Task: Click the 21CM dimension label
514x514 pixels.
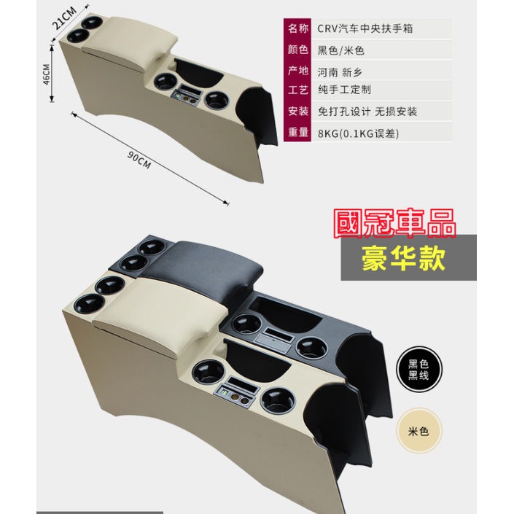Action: pyautogui.click(x=65, y=17)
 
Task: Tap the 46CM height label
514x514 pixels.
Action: pyautogui.click(x=47, y=74)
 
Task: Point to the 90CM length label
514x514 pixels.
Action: pyautogui.click(x=139, y=160)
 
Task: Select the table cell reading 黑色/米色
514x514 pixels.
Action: pyautogui.click(x=341, y=50)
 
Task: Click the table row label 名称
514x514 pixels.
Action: pyautogui.click(x=298, y=28)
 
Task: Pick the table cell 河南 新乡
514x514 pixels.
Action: pyautogui.click(x=340, y=72)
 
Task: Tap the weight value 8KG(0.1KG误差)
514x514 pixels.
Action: pyautogui.click(x=358, y=133)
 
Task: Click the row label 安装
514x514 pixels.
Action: pyautogui.click(x=298, y=111)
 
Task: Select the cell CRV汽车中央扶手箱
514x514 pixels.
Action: pyautogui.click(x=365, y=28)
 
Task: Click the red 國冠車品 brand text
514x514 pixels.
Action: pyautogui.click(x=394, y=223)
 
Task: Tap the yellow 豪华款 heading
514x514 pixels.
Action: pyautogui.click(x=403, y=259)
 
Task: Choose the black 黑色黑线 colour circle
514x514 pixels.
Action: pyautogui.click(x=418, y=369)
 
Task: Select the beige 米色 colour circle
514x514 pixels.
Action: pyautogui.click(x=418, y=431)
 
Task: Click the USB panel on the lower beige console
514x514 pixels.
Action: pyautogui.click(x=236, y=394)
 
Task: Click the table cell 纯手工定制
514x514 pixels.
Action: pyautogui.click(x=344, y=90)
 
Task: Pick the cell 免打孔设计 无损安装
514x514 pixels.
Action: pyautogui.click(x=367, y=112)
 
